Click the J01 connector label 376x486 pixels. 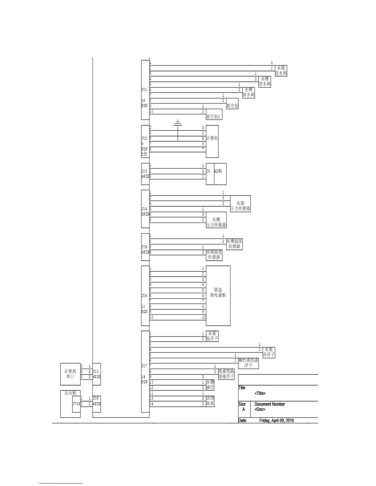point(144,90)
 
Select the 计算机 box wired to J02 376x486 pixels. point(212,141)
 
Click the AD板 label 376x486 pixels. point(218,171)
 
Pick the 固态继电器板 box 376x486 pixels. point(218,295)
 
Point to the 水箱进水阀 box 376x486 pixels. point(281,71)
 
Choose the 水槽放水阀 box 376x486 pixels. point(249,92)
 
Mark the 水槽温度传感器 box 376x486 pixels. point(234,244)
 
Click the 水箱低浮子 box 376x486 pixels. point(212,336)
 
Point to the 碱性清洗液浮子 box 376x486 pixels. point(248,363)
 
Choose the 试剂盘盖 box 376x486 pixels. point(210,401)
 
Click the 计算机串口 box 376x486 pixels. point(70,374)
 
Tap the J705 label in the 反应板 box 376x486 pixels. point(76,404)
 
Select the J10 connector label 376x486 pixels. point(96,372)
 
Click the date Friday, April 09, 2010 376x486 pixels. point(276,420)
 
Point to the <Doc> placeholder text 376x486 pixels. point(260,410)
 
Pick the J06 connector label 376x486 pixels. point(144,296)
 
